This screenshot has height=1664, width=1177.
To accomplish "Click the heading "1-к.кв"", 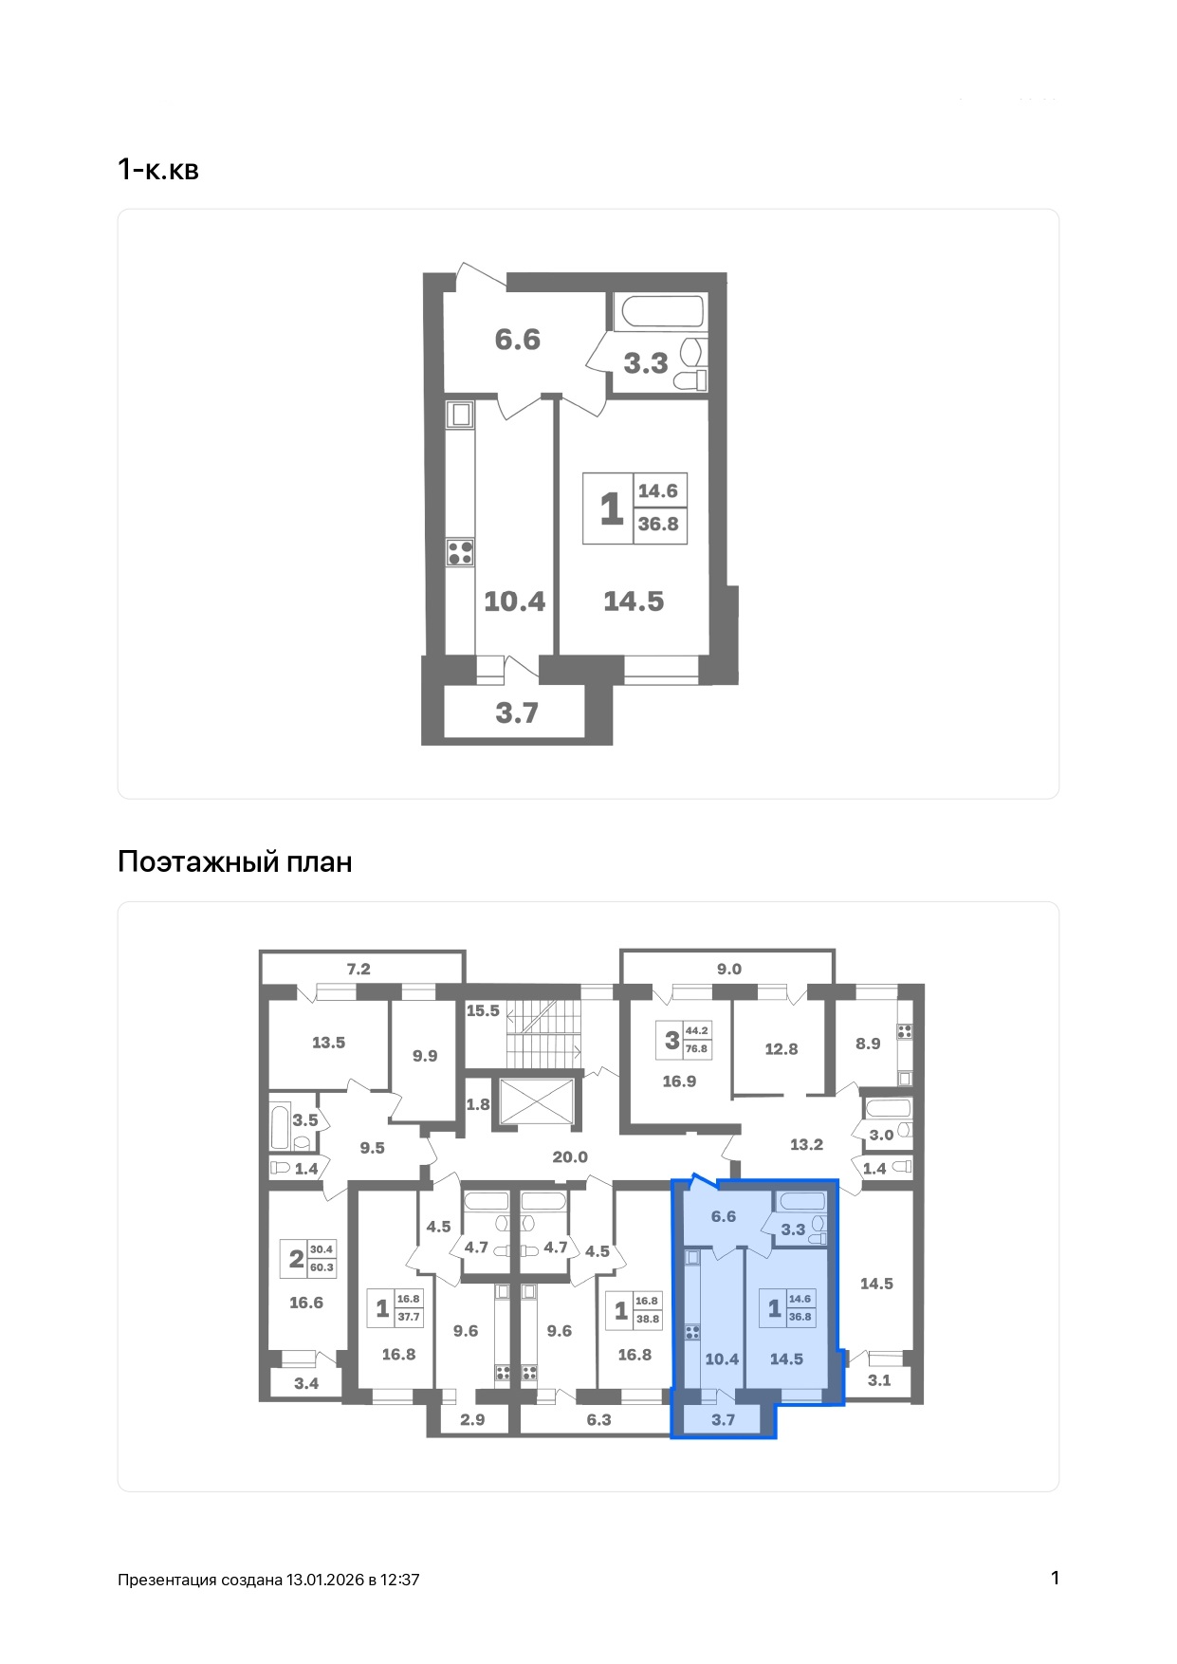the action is coord(157,170).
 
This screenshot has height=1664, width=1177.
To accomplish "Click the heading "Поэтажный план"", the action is coord(234,861).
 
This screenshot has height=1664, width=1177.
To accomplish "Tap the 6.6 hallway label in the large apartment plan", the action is coord(518,339).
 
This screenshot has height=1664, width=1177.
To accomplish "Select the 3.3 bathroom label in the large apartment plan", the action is coord(646,362).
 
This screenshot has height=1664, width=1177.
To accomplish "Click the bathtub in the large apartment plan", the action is coord(659,312).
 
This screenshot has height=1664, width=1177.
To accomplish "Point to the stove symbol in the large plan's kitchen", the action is coord(461,552).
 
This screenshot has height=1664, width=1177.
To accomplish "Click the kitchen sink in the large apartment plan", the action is coord(461,415).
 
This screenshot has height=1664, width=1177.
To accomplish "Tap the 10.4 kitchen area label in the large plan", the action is coord(515,601).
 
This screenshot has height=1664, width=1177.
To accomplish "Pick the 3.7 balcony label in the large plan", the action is coord(517,712).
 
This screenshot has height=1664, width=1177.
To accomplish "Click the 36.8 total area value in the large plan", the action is coord(658,524).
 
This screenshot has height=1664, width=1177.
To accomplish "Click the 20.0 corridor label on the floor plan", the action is coord(570,1156).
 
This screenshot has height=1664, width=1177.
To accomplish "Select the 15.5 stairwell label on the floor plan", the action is coord(483,1010).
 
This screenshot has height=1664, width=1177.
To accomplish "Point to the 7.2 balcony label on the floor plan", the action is coord(359,969).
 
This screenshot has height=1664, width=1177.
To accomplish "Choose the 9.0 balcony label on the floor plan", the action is coord(729,969).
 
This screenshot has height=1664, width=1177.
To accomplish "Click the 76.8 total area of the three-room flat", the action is coord(697,1048).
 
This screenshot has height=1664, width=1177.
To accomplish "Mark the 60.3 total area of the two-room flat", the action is coord(322,1267).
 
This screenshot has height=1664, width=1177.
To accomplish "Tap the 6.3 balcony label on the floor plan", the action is coord(599,1419).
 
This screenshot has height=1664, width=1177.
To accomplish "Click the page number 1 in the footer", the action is coord(1055,1578).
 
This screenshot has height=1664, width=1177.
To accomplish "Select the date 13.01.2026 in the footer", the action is coord(325,1580).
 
